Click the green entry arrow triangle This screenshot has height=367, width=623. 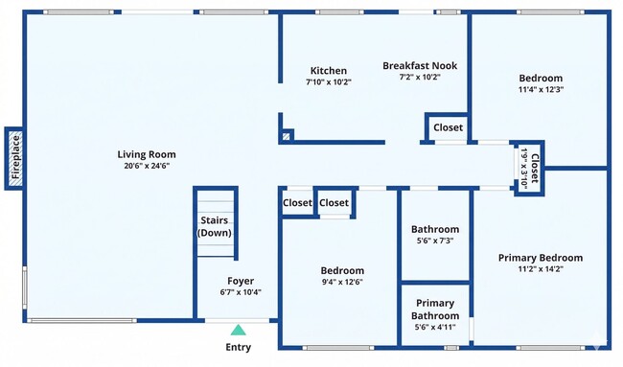point(238,330)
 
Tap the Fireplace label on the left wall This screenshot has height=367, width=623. point(15,158)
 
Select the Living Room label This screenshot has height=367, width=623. point(147,154)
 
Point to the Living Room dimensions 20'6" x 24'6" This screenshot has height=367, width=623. point(147,166)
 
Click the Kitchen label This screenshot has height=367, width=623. point(329,70)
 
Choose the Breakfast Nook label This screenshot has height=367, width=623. point(420,66)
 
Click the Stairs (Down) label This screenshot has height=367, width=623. point(214,227)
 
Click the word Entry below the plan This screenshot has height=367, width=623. point(239,347)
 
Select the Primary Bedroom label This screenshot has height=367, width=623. point(541,258)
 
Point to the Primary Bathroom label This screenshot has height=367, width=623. point(435,310)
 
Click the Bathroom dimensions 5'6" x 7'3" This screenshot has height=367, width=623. point(435,241)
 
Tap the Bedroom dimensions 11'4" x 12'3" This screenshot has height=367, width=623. point(541,89)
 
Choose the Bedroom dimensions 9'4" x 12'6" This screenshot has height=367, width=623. point(342,282)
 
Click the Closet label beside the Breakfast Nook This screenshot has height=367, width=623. point(448,127)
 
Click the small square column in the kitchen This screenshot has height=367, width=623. point(286,135)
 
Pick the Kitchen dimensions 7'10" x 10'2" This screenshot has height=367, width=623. point(329,81)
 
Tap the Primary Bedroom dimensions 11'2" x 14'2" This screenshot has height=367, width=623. point(541,269)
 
